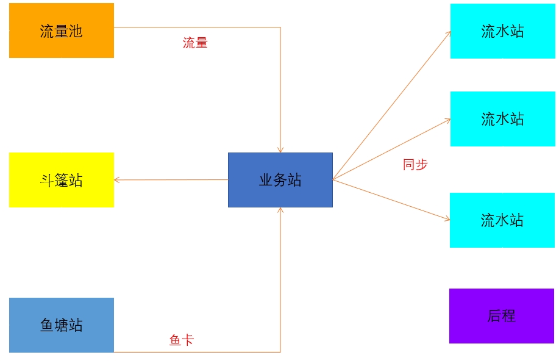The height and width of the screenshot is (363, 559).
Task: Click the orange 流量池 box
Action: tap(62, 31)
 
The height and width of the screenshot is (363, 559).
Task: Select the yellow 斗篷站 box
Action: tap(62, 180)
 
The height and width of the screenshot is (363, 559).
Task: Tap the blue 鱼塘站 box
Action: tap(62, 325)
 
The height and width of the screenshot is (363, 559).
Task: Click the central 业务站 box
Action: tap(280, 180)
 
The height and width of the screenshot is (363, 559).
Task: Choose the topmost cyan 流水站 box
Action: tap(503, 31)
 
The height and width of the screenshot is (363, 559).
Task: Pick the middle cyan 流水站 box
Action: tap(503, 119)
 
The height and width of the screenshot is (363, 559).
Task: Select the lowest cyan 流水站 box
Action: tap(502, 220)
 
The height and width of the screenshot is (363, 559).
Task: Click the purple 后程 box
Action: tap(502, 316)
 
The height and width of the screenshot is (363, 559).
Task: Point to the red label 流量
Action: tap(195, 43)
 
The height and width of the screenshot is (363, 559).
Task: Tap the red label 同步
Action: tap(415, 165)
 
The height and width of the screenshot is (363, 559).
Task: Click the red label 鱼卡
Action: tap(182, 340)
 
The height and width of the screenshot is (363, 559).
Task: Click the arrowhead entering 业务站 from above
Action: tap(280, 150)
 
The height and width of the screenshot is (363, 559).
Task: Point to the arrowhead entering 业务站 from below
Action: tap(280, 210)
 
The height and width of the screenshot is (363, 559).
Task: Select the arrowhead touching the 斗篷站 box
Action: tap(117, 180)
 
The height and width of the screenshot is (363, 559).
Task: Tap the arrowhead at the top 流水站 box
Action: tap(449, 34)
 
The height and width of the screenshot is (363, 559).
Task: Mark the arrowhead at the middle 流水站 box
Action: tap(448, 120)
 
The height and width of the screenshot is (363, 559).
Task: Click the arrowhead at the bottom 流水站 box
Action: tap(447, 219)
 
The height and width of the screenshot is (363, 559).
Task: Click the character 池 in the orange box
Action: tap(76, 31)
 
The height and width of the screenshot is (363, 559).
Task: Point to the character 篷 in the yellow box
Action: tap(62, 181)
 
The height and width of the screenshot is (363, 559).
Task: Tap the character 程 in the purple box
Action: tap(509, 316)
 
